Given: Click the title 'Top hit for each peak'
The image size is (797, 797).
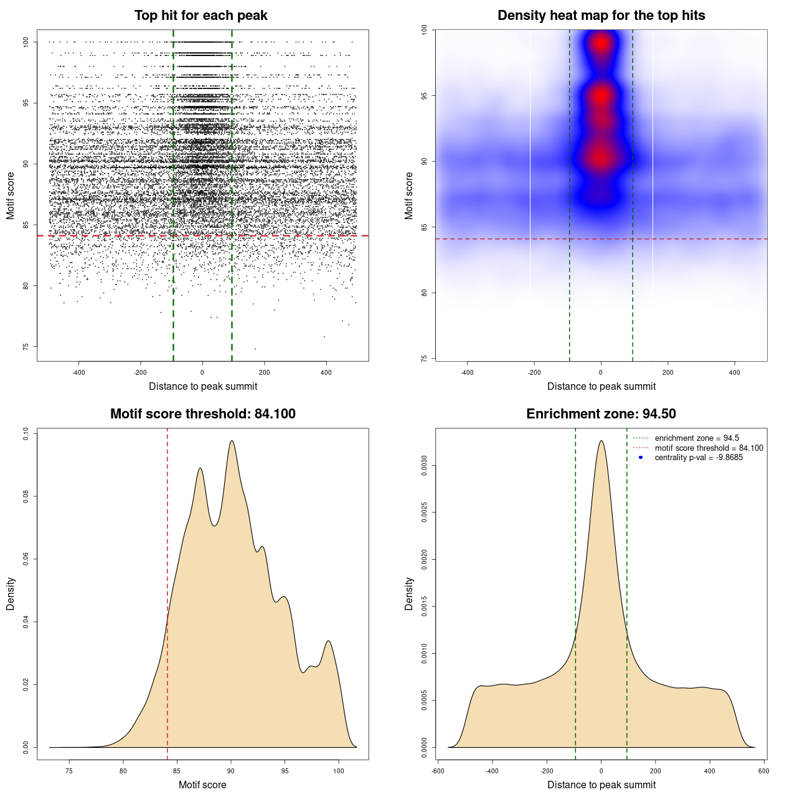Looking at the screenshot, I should [x=200, y=16].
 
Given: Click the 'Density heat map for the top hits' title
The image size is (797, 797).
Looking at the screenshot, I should [x=601, y=16].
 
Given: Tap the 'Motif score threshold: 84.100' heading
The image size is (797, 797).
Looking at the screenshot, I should [x=202, y=414].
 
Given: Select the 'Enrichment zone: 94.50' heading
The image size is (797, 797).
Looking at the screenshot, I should [x=601, y=414].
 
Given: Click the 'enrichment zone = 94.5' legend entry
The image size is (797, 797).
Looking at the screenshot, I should [x=696, y=438].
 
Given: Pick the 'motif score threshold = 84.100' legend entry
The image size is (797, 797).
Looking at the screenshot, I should [x=709, y=448].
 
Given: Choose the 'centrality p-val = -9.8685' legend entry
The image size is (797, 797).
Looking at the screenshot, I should [x=698, y=458].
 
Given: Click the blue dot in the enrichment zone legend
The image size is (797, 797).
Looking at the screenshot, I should [x=641, y=458].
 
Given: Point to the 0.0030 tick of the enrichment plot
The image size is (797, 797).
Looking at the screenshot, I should [x=425, y=466].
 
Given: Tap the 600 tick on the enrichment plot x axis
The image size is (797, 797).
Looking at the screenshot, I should [x=763, y=771].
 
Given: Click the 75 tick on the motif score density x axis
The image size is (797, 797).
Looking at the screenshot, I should [x=69, y=771].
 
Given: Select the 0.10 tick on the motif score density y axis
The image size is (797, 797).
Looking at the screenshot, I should [x=26, y=433].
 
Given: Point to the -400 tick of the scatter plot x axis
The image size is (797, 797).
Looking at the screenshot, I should [x=78, y=372].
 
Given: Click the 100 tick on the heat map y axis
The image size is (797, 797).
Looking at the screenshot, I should [x=425, y=29].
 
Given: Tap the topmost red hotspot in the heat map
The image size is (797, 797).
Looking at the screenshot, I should [x=601, y=43].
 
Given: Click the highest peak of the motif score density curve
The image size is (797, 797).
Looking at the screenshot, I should [x=232, y=441].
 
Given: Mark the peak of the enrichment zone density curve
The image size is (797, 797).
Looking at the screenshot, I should [x=601, y=441].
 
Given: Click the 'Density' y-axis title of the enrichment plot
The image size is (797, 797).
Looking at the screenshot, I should [x=409, y=593].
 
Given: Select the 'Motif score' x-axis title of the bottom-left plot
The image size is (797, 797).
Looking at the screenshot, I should [x=202, y=785].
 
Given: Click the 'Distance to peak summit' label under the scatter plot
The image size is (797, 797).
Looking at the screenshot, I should [x=203, y=386].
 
